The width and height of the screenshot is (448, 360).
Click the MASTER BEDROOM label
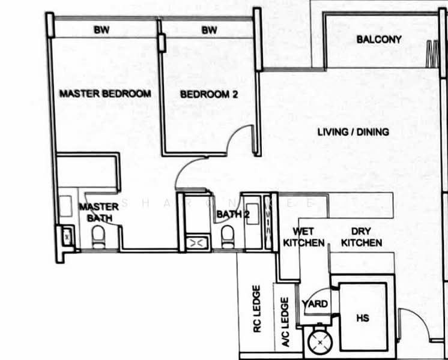pos(105,94)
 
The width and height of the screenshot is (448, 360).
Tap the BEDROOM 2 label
pos(209,94)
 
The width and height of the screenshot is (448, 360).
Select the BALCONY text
pos(379,40)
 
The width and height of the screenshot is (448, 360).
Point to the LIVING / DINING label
pos(353,132)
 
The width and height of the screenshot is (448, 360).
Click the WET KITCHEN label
pos(304,237)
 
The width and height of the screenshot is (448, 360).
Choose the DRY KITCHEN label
pos(362,237)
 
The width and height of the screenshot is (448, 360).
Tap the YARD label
pos(315,304)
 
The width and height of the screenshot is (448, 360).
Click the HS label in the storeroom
pos(363,318)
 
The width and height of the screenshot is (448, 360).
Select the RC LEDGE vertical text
pos(257,309)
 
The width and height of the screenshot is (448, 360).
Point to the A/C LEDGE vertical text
pos(285,322)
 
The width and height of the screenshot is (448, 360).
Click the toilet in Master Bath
pos(98,237)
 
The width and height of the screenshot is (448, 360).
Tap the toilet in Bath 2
pos(228,237)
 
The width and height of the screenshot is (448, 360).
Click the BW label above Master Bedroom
pos(101,29)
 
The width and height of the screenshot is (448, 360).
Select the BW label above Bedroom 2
pos(210,30)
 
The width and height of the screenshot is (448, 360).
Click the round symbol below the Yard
pos(319,342)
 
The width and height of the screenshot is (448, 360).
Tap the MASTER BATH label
pos(99,212)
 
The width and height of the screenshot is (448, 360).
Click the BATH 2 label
pos(233,214)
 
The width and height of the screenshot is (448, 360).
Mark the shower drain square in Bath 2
pos(197,243)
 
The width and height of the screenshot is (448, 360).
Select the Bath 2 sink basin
pos(253,214)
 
